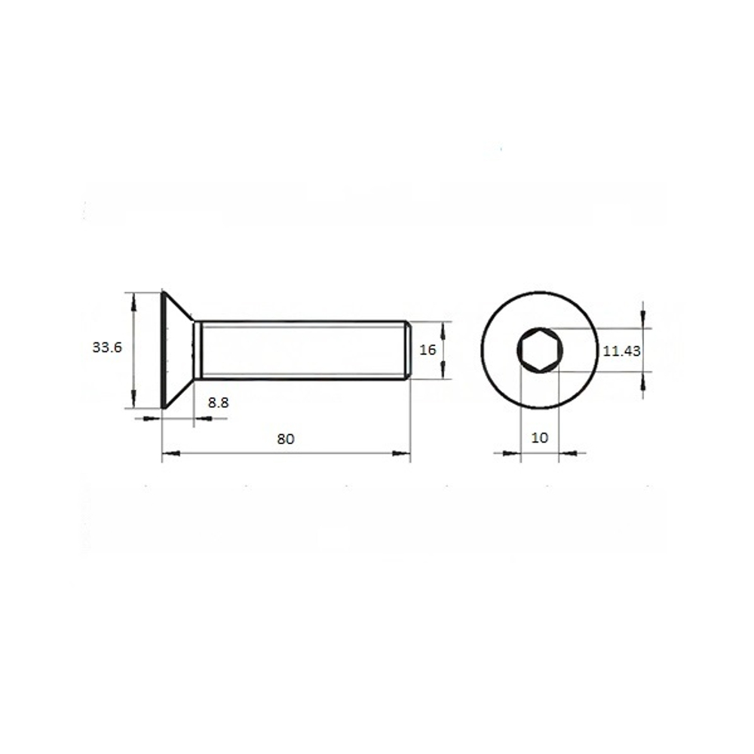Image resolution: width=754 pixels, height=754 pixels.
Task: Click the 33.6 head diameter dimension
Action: pos(107,347)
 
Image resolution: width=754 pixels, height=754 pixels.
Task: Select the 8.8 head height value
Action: pos(219,403)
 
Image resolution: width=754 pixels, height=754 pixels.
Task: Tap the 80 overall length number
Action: pos(286,439)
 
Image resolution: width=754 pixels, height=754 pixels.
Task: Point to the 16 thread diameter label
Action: pos(428,350)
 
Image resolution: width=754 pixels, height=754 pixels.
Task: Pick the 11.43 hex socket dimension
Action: pos(622,351)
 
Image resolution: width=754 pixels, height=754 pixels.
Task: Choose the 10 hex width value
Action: pos(540,437)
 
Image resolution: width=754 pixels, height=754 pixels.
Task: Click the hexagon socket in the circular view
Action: pos(540,350)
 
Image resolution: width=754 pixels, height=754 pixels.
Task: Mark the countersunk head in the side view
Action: pos(177,350)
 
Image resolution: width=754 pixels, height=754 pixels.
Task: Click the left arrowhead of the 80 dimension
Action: pos(170,453)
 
